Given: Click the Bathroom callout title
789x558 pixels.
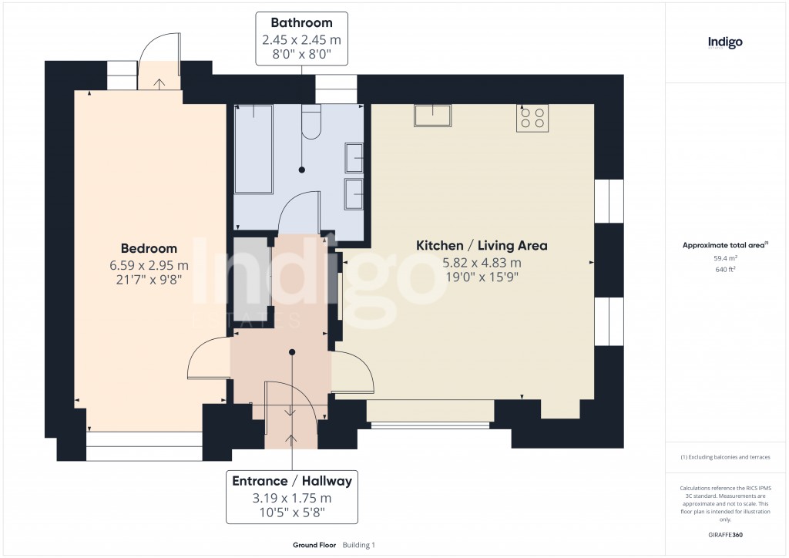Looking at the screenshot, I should (301, 23).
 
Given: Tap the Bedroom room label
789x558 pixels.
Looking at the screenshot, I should (149, 248).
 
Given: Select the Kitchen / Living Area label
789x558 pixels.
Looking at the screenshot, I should (482, 246).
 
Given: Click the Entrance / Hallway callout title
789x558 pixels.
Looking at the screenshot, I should (292, 481).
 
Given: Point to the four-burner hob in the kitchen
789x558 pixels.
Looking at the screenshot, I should (532, 118).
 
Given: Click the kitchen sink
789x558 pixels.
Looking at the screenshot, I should (433, 115).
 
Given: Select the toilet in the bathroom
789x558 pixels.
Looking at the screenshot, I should (312, 124).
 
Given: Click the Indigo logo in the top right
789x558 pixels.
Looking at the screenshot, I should (725, 42).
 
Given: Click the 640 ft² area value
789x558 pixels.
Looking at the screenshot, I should (725, 270).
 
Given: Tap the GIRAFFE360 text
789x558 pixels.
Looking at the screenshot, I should (725, 535).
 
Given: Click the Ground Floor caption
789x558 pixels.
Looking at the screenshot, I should (314, 545).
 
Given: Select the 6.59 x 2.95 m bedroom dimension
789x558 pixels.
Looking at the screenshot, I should (149, 265).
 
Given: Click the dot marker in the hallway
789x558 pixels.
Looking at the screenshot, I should (292, 352).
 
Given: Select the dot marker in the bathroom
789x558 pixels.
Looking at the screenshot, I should (302, 170).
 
